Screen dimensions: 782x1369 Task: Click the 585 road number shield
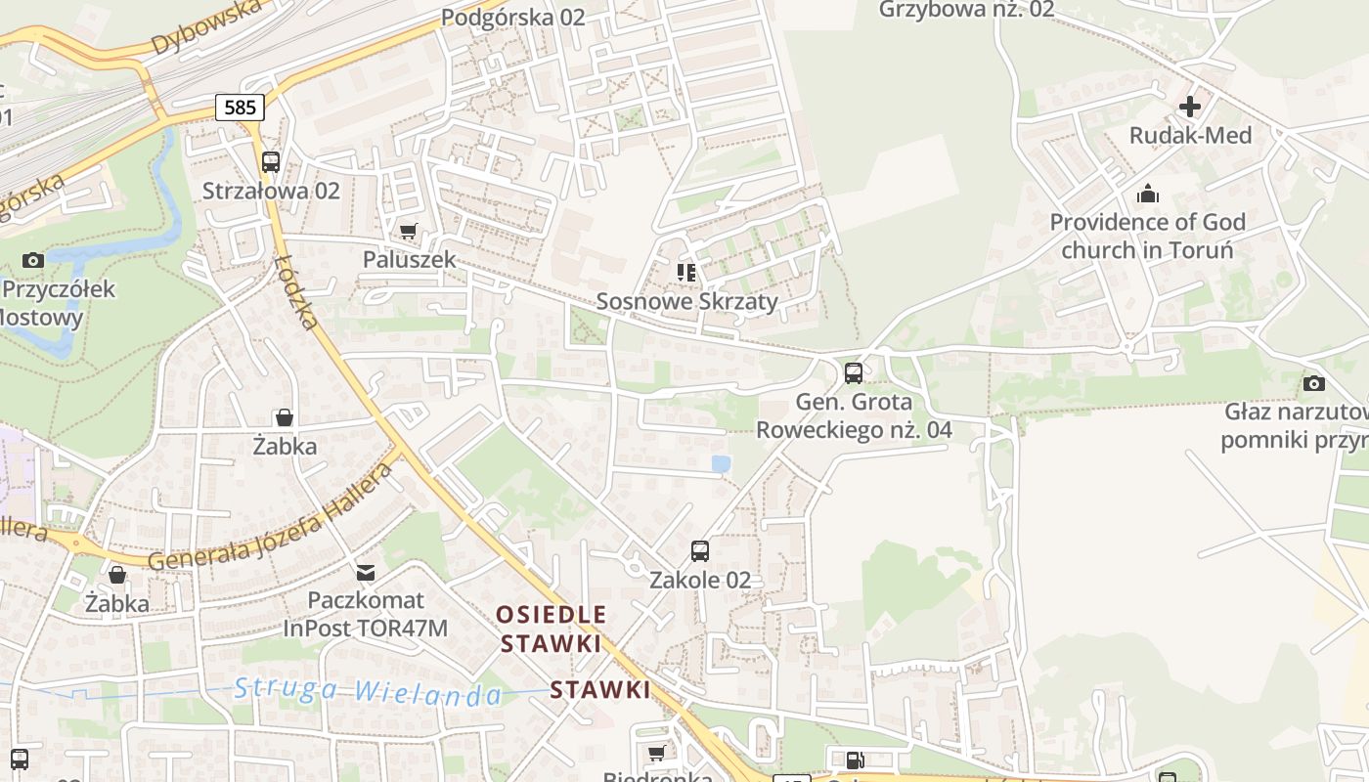[x=240, y=108]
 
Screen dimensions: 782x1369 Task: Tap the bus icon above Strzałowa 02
[x=271, y=162]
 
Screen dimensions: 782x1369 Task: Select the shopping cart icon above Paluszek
[x=408, y=232]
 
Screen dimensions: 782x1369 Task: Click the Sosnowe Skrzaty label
[x=686, y=301]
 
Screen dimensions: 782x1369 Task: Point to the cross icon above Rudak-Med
[x=1190, y=107]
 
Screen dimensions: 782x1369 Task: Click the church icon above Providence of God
[x=1147, y=194]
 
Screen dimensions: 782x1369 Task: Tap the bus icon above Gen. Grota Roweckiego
[x=854, y=372]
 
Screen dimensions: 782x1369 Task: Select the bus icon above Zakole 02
[x=700, y=550]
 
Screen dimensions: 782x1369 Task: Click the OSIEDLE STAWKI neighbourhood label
[x=551, y=630]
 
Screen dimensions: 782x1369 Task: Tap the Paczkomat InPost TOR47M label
[x=366, y=614]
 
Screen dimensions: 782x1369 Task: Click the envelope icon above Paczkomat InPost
[x=366, y=572]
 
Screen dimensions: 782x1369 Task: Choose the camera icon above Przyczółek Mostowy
[x=33, y=260]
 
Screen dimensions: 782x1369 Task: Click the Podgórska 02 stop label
[x=512, y=17]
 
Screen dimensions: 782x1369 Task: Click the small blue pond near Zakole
[x=721, y=464]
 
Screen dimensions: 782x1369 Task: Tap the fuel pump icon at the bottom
[x=855, y=760]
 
